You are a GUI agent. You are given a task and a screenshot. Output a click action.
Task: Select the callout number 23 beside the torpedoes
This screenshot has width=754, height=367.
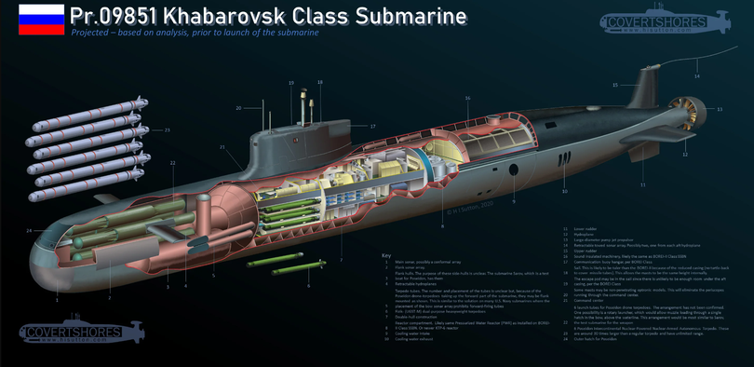(x=168, y=129)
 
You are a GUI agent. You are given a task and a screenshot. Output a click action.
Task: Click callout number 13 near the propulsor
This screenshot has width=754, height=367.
(x=719, y=109)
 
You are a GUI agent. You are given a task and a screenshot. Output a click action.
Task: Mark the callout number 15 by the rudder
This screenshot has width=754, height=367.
(x=615, y=85)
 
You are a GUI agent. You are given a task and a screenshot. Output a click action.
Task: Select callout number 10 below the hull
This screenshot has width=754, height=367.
(x=564, y=192)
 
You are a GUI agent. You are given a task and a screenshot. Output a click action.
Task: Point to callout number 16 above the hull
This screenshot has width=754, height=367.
(x=467, y=98)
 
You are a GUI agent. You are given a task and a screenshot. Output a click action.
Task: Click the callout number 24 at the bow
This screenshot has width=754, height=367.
(x=30, y=230)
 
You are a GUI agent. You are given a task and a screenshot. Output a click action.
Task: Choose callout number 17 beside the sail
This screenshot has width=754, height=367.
(x=372, y=126)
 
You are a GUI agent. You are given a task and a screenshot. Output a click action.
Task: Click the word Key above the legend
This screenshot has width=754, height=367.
(x=387, y=255)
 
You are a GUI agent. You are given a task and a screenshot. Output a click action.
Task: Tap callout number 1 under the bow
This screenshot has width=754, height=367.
(x=58, y=299)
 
